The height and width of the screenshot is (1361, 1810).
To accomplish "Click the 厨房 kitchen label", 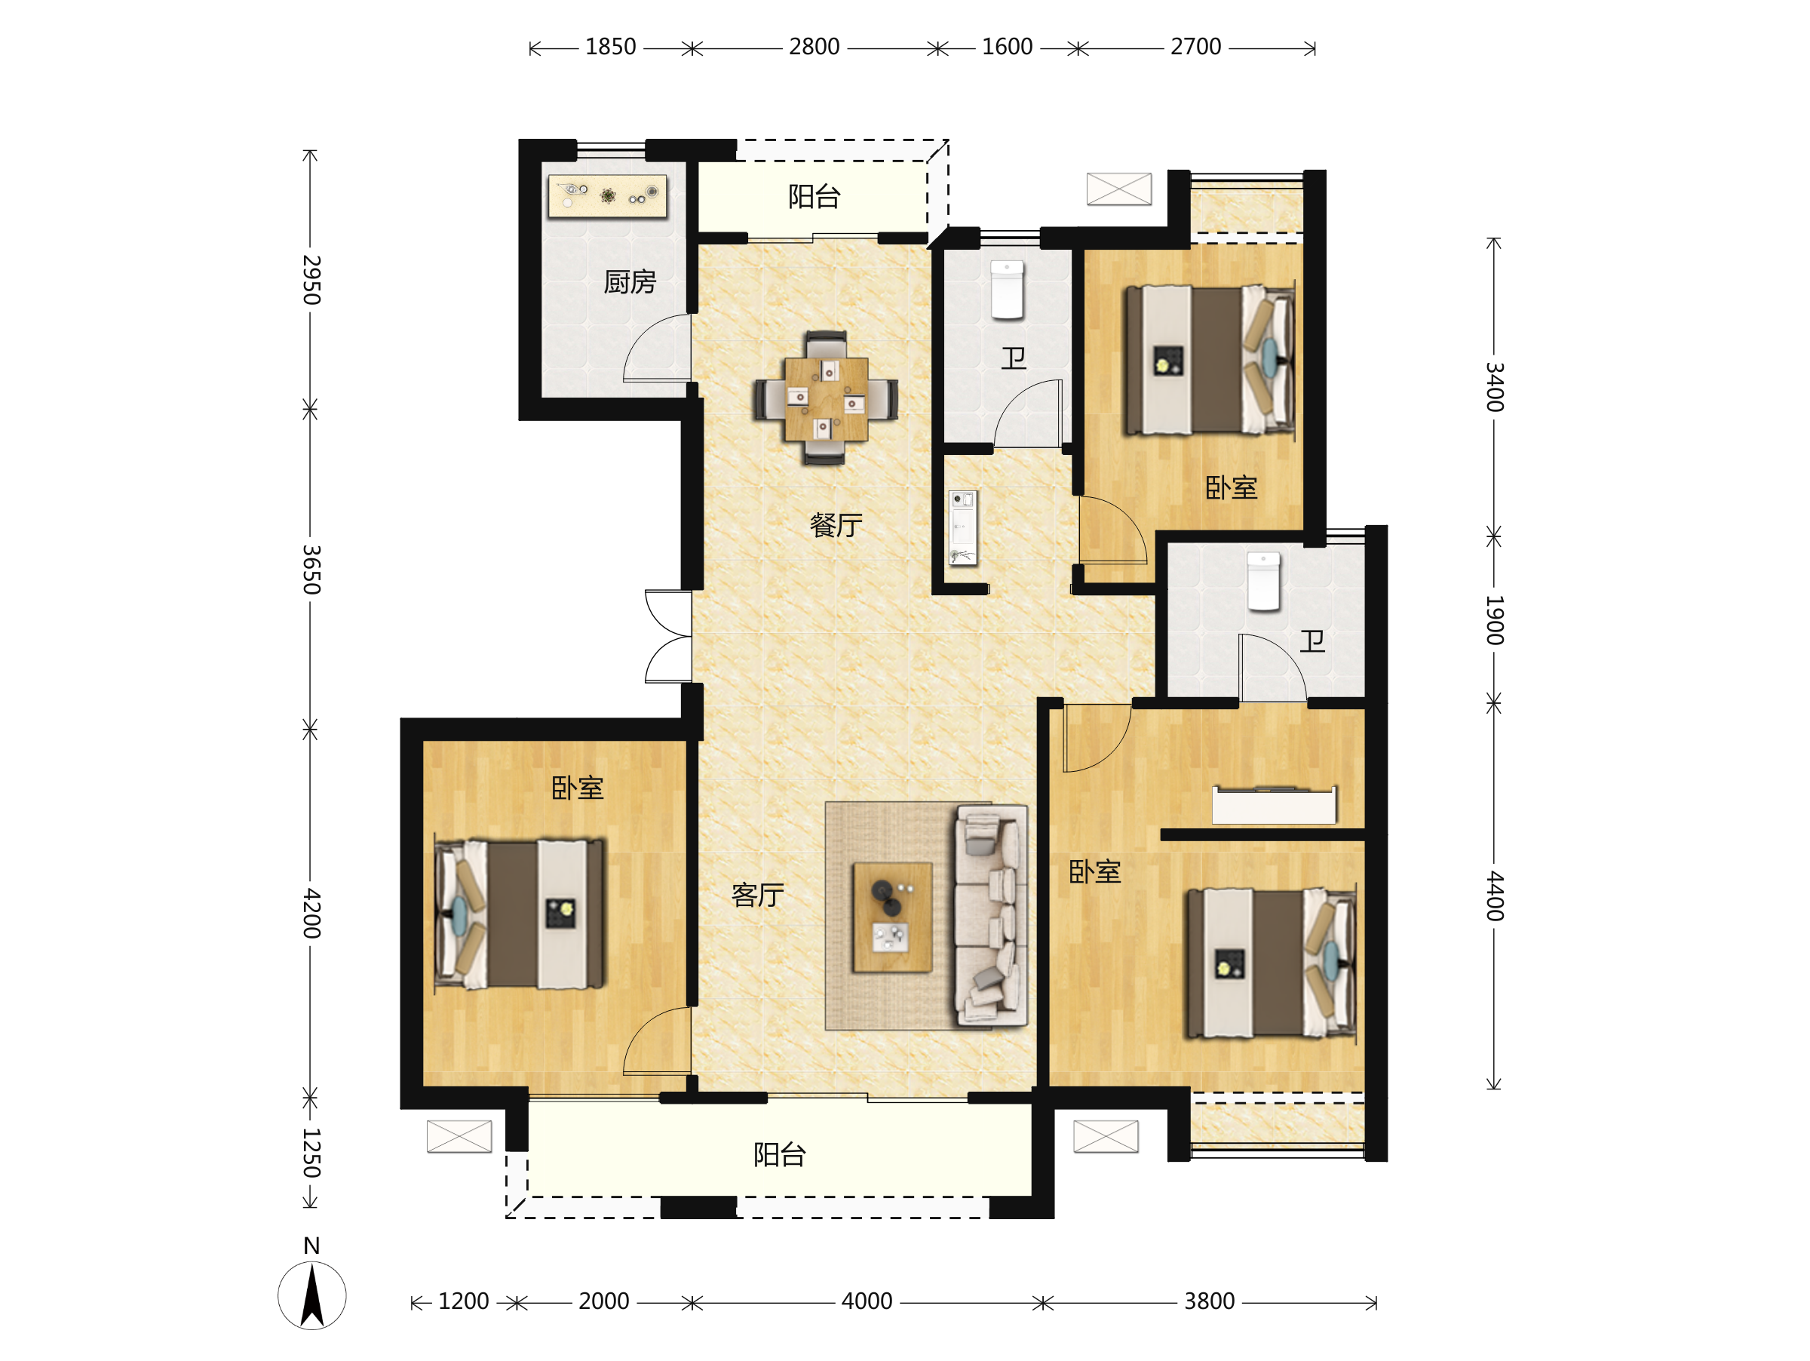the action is (x=629, y=282).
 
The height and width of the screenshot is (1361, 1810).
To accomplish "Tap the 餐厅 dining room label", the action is (x=836, y=525).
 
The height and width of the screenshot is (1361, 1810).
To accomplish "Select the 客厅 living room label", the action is (x=757, y=896).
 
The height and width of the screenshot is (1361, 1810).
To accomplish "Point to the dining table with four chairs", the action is (x=826, y=398).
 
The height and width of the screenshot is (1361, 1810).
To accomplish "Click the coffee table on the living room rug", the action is (x=892, y=917).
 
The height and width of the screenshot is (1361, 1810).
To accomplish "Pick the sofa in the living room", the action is (x=992, y=916).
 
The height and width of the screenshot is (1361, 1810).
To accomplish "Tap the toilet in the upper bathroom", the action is (x=1008, y=290).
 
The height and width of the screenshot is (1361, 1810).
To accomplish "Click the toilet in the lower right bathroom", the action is (x=1263, y=581).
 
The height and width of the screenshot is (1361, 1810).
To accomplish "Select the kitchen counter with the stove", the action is (x=607, y=196).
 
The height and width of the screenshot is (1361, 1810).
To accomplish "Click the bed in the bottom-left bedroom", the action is (x=520, y=914).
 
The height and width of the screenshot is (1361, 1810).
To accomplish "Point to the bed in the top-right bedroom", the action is (x=1210, y=360).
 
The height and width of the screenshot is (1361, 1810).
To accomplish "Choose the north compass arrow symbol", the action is (x=311, y=1295).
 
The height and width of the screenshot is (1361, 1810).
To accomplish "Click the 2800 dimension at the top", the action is (x=814, y=47).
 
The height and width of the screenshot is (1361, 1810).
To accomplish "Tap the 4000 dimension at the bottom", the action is (x=867, y=1301).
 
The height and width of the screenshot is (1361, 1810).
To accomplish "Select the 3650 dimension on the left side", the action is (x=311, y=569).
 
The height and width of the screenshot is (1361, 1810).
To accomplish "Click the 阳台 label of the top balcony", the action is (x=814, y=196).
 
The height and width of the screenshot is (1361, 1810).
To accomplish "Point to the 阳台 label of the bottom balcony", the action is (x=780, y=1155).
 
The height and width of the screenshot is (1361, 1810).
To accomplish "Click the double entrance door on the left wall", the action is (x=668, y=636).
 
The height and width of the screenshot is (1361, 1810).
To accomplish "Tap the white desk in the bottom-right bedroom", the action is (x=1274, y=805).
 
